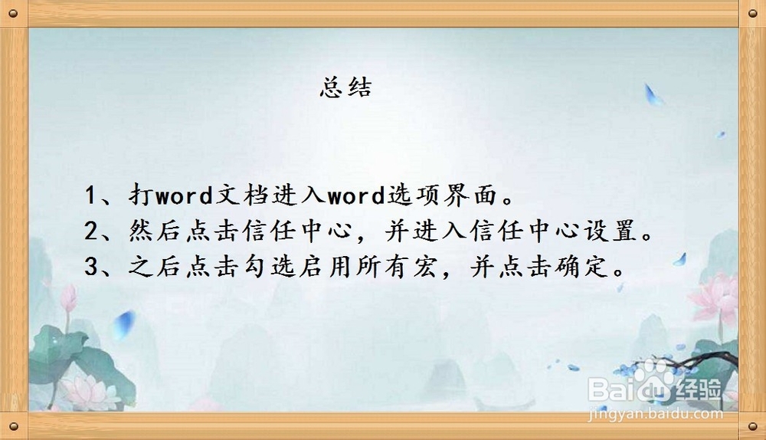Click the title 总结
[x=346, y=87]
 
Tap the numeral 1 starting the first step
[x=90, y=195]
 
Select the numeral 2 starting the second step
[x=91, y=230]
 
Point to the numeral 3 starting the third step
[x=91, y=267]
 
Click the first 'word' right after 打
[x=184, y=195]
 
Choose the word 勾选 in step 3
[x=269, y=267]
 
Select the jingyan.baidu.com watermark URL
[x=655, y=414]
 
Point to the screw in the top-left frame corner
[x=14, y=13]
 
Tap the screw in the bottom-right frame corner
[x=753, y=427]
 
